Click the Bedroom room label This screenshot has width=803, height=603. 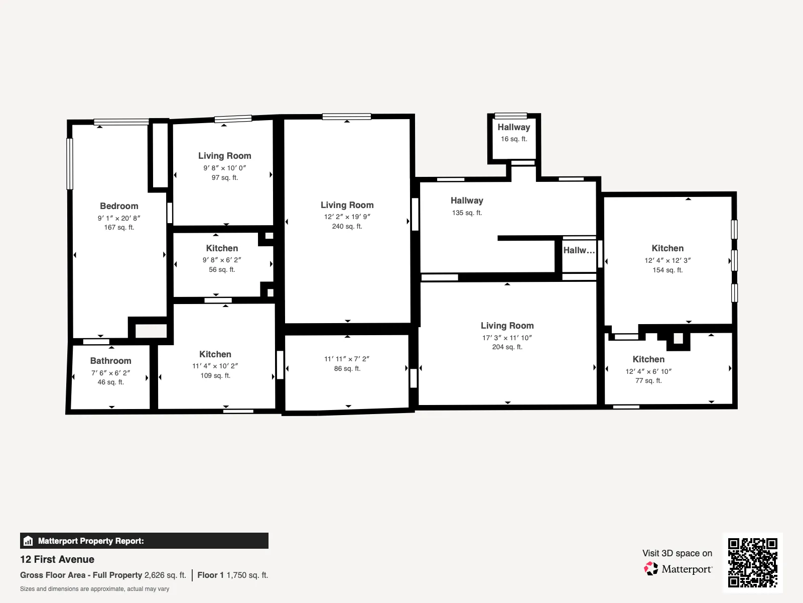point(119,206)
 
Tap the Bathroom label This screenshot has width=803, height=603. point(110,361)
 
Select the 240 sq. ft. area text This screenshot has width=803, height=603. point(347,226)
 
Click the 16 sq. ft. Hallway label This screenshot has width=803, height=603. point(513,127)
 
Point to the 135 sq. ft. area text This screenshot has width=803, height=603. point(467,213)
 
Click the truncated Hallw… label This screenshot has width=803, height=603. point(579,250)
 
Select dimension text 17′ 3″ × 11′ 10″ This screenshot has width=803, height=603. point(507,338)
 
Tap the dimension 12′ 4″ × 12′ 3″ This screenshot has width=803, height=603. point(667,260)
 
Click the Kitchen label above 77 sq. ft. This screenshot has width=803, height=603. point(648,359)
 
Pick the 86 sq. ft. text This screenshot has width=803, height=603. point(347,368)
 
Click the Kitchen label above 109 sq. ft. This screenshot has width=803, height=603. point(215,354)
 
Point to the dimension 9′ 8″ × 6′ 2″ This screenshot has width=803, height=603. point(222,260)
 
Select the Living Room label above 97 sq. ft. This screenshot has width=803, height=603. point(225,156)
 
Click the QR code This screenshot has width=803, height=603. point(752,563)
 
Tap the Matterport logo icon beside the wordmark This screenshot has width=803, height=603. point(651,569)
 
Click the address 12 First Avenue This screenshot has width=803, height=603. point(57,559)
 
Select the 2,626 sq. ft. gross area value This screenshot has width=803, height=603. point(165,575)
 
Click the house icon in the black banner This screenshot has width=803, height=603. point(28,541)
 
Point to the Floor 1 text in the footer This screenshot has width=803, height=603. point(210,575)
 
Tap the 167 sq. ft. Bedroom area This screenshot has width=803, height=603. point(119,227)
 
